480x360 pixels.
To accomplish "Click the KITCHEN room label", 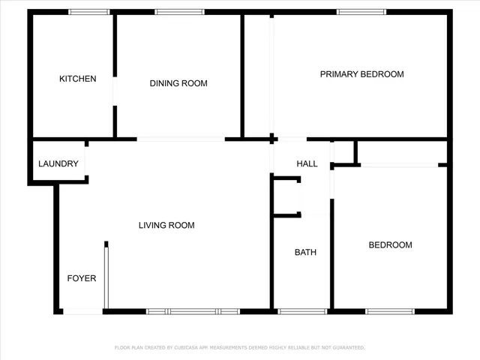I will pos(78,79).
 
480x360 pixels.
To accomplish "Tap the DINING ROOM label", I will pos(178,83).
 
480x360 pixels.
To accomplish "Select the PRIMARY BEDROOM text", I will pos(361,74).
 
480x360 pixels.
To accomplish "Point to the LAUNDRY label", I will pos(58,164).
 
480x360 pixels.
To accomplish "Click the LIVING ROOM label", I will pos(166,225).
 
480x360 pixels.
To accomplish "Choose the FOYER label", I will pos(82,278).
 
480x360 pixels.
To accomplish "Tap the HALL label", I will pos(307,164).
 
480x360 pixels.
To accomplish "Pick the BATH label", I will pos(305,252).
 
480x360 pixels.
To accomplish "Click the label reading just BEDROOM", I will pos(389,245).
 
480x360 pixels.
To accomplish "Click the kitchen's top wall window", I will pos(89,12).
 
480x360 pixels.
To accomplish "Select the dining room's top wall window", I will pos(179,12).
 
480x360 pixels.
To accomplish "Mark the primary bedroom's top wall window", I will pos(361,12).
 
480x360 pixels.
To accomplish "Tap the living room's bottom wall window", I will pos(193,311).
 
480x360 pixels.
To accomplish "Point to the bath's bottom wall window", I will pos(302,311).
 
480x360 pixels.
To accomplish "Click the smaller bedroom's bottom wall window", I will pos(390,311).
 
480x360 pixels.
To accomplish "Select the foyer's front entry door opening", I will pos(82,311).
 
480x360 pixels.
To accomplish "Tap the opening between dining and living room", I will pos(181,139).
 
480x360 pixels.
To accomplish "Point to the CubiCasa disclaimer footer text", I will pos(239,348).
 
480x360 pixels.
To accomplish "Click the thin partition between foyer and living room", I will pos(106,275).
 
